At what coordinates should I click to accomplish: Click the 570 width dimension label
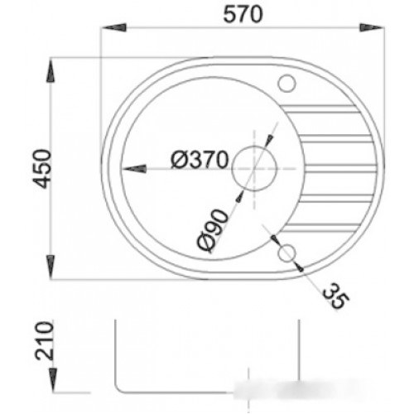(243, 14)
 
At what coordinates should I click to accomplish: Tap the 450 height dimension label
(42, 169)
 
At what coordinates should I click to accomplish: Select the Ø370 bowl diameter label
(200, 160)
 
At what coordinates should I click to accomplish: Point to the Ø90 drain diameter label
(213, 231)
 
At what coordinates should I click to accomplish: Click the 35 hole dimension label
(335, 296)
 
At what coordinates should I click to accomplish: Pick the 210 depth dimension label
(44, 341)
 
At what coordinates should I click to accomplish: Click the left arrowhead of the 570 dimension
(114, 27)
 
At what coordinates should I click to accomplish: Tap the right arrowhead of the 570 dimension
(372, 27)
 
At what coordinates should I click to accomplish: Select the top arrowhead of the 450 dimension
(51, 70)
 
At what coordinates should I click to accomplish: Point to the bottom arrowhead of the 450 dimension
(51, 267)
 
